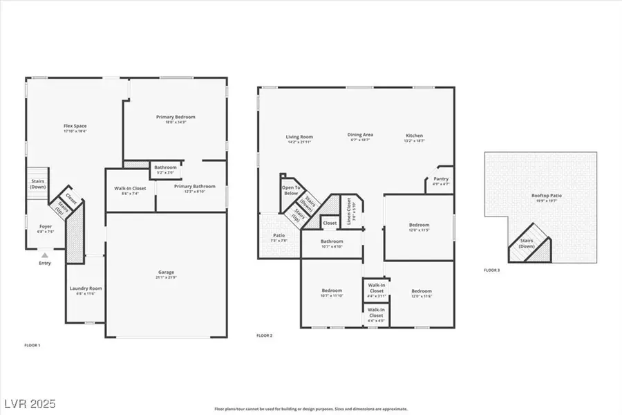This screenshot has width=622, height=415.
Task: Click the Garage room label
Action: click(166, 273)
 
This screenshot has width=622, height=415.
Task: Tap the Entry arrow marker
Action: click(44, 255)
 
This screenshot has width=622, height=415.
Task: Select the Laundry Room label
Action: click(86, 288)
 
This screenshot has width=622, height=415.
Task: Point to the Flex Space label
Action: click(75, 126)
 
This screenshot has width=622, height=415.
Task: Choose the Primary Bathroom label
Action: click(194, 186)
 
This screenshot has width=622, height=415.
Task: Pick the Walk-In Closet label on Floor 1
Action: click(130, 188)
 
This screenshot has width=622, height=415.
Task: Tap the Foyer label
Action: click(45, 227)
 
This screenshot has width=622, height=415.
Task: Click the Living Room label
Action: click(299, 137)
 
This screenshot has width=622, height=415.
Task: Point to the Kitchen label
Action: click(414, 136)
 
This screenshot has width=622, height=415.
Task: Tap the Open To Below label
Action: click(290, 190)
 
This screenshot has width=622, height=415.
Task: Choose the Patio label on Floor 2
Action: click(279, 236)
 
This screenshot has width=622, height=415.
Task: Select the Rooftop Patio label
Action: click(546, 196)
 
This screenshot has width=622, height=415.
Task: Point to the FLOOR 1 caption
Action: click(32, 344)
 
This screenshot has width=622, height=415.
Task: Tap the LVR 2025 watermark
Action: click(30, 402)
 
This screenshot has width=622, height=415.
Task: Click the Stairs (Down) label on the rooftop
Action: click(527, 243)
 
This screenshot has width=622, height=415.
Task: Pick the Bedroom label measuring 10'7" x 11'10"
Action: click(332, 290)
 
